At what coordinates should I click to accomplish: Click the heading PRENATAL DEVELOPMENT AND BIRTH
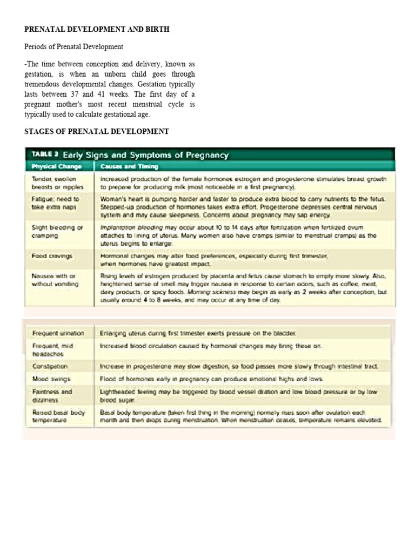point(97,29)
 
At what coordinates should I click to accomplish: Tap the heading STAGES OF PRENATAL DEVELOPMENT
point(97,131)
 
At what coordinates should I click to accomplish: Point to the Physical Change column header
point(56,166)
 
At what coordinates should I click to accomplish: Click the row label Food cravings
point(52,256)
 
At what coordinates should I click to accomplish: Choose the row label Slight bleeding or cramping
point(57,232)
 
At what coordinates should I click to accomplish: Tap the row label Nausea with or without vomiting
point(55,280)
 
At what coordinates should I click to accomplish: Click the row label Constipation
point(50,366)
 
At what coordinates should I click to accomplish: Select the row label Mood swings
point(51,379)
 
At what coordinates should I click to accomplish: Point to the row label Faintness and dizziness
point(52,396)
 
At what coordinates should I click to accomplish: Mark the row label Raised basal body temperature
point(58,416)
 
